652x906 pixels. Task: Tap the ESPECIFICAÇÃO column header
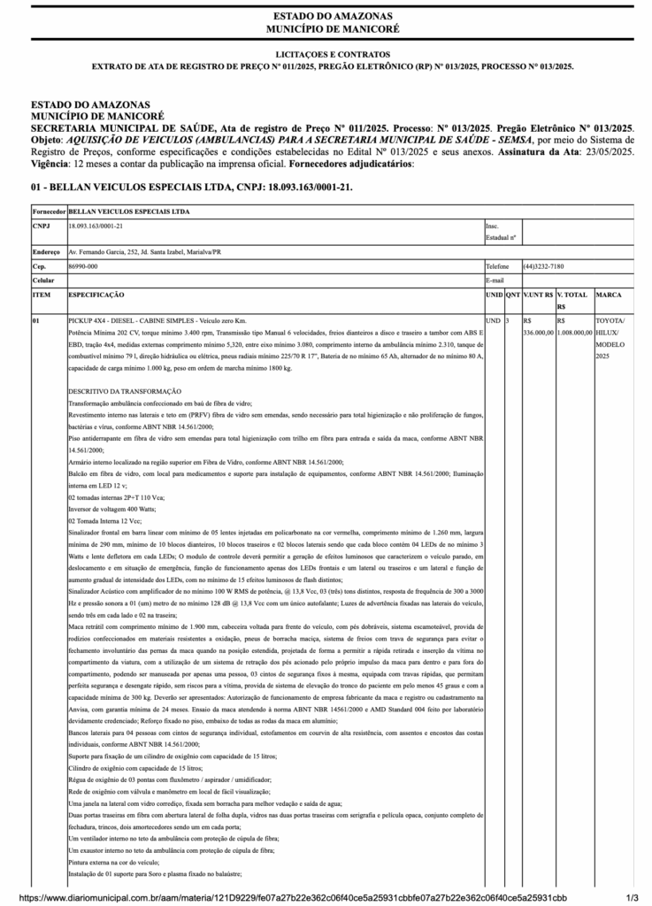96,294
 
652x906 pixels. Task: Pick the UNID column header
494,294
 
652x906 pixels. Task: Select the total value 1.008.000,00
575,332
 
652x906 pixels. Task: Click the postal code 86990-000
83,265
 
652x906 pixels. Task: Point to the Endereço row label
46,251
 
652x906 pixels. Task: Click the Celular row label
43,280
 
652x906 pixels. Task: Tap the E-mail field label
495,280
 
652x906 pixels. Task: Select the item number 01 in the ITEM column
36,319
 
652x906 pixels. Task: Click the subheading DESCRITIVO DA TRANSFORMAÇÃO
125,390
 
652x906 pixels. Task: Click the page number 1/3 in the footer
632,897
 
